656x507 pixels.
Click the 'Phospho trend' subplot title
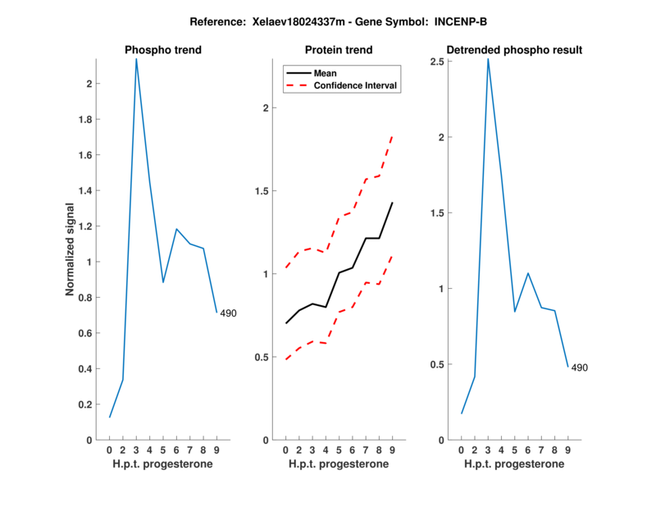[x=163, y=50]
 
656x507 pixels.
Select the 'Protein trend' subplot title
[x=339, y=50]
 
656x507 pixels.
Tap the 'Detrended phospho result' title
[x=514, y=50]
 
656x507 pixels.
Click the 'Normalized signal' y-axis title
[x=72, y=249]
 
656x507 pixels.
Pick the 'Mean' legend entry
[x=326, y=73]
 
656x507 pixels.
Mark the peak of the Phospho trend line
[x=136, y=59]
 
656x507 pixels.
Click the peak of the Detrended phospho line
[x=488, y=59]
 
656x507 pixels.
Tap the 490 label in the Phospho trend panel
[x=228, y=313]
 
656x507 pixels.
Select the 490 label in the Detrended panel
[x=579, y=368]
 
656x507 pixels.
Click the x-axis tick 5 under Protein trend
[x=339, y=450]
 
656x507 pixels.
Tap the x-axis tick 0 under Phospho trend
[x=109, y=450]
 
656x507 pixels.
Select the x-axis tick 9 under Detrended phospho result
[x=567, y=450]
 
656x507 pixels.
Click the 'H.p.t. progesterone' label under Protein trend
[x=339, y=464]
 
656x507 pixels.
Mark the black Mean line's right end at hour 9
[x=392, y=203]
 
